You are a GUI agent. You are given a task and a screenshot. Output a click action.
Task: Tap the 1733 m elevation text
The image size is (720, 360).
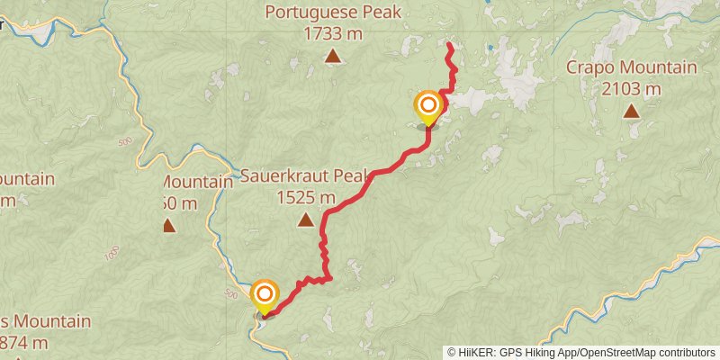[333, 32]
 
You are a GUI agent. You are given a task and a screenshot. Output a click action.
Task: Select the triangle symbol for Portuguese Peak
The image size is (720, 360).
[333, 57]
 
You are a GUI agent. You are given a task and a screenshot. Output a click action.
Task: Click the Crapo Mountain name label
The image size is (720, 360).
[631, 67]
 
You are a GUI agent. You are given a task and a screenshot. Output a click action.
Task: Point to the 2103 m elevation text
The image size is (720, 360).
[631, 88]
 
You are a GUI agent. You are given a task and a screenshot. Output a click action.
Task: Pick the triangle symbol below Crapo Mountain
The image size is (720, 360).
[631, 112]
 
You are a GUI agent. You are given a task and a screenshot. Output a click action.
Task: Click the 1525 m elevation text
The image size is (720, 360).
[306, 197]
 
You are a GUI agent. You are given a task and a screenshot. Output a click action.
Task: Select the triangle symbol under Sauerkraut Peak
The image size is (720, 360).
[306, 220]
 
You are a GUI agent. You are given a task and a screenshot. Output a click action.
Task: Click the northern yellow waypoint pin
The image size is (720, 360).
[427, 107]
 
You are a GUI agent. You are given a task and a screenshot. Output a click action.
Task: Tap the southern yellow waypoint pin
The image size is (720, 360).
[265, 295]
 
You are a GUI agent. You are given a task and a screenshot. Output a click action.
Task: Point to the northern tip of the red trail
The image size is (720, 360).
[449, 43]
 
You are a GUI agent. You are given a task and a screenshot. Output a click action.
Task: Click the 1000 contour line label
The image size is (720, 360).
[112, 255]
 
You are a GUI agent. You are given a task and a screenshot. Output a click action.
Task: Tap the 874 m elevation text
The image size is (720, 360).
[36, 342]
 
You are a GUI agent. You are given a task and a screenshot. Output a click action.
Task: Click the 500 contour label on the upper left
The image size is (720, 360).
[124, 142]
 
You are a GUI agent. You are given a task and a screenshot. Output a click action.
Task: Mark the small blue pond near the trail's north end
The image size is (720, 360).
[490, 47]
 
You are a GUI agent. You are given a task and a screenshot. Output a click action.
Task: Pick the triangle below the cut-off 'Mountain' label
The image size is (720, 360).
[168, 225]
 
